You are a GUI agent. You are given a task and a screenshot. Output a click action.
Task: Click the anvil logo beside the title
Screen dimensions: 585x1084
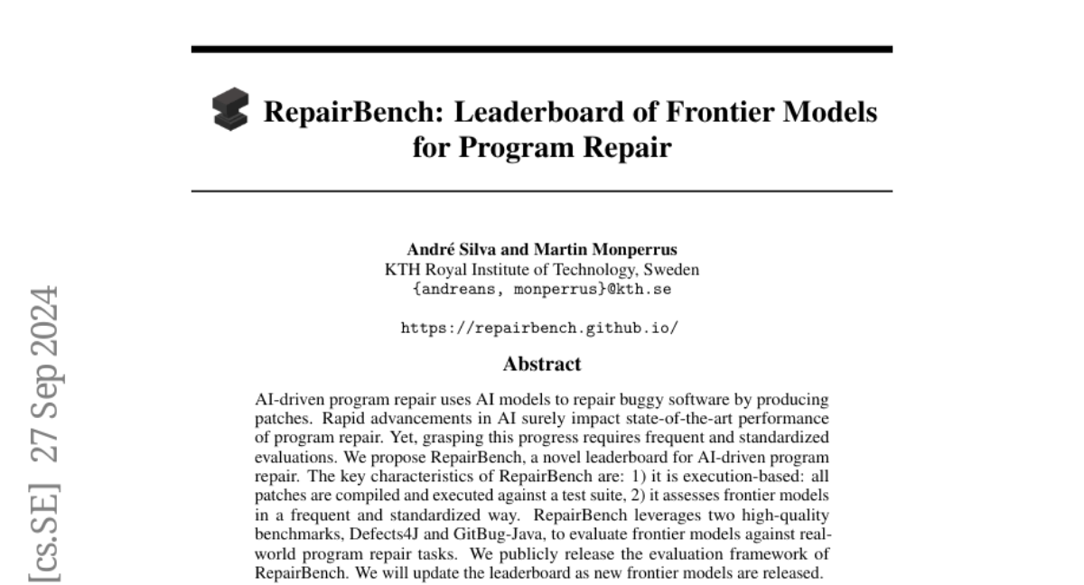click(230, 110)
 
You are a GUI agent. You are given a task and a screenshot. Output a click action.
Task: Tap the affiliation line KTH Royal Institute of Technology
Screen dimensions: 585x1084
click(542, 270)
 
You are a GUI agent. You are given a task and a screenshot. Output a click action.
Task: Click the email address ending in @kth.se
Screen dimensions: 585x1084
click(542, 289)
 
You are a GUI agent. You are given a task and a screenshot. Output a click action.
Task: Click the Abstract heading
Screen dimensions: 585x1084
click(542, 365)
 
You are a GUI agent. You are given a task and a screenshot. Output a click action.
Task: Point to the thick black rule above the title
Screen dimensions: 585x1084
click(542, 49)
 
